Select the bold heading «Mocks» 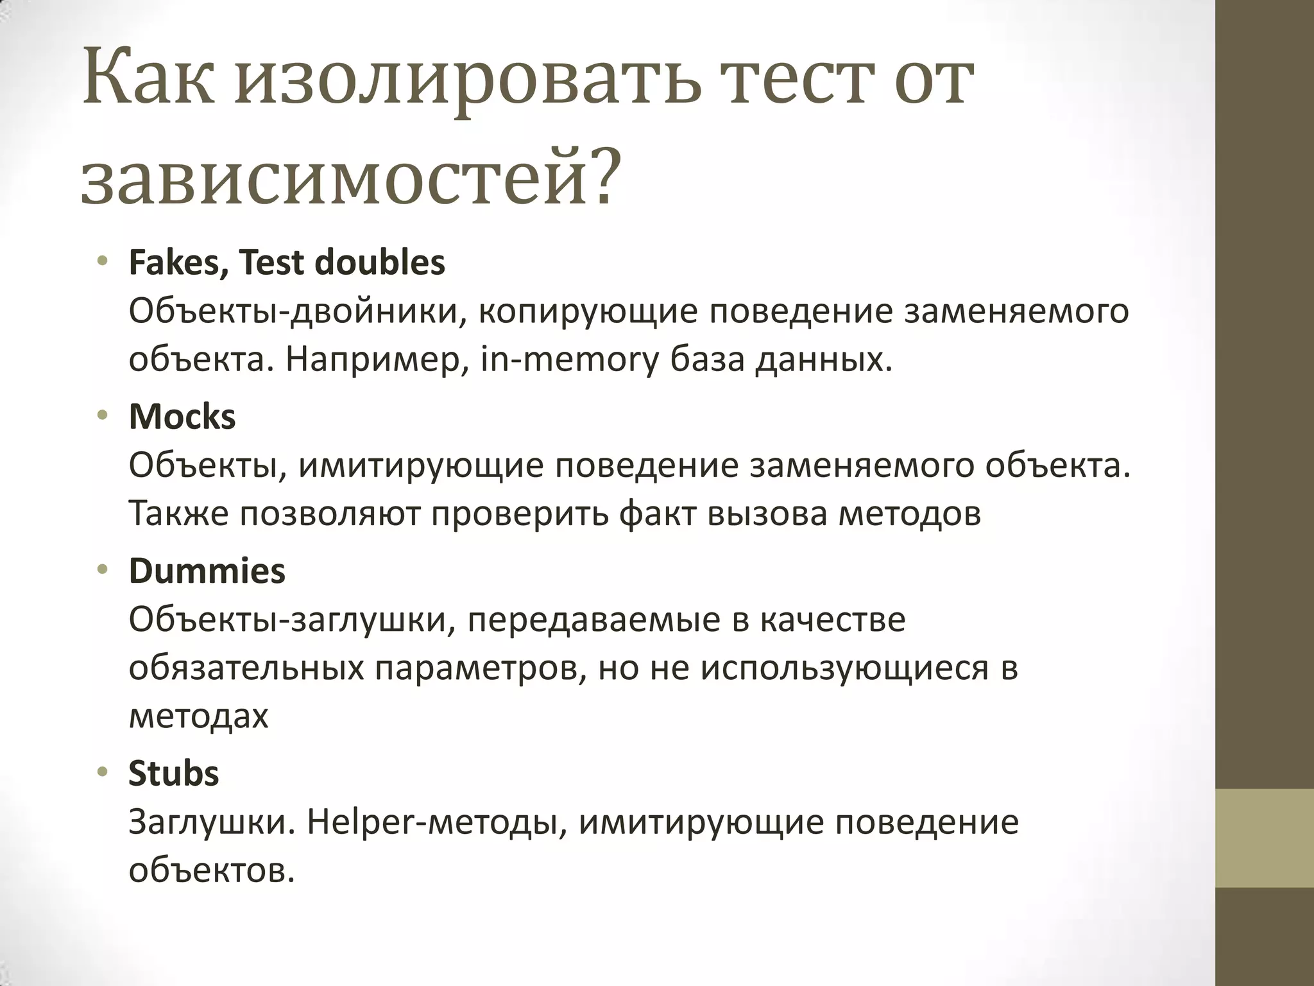tap(182, 417)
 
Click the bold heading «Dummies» tap(207, 571)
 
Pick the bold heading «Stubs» tap(174, 774)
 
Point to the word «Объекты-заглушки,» tap(293, 619)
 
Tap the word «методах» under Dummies tap(198, 716)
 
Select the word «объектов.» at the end tap(212, 871)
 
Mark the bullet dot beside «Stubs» tap(102, 773)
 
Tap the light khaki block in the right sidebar tap(1265, 838)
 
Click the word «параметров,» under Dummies tap(481, 668)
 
